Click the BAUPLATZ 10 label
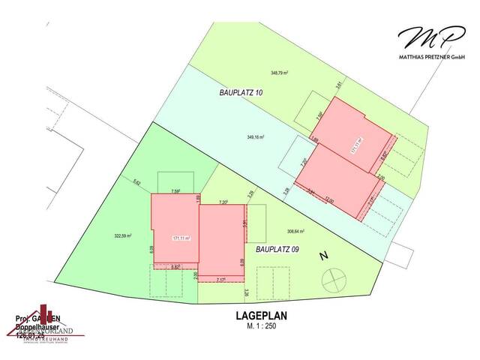(241, 92)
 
